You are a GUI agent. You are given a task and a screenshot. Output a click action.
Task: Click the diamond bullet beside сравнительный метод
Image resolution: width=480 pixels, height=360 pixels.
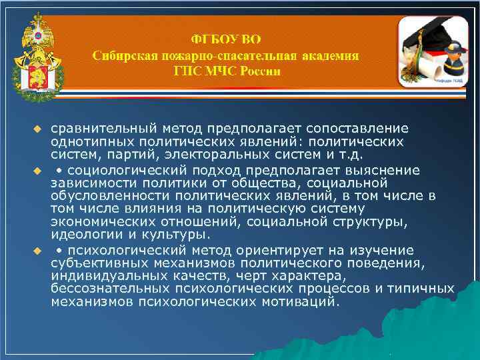point(38,127)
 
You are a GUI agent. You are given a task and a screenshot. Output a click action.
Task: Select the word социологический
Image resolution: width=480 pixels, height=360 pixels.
point(127,170)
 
